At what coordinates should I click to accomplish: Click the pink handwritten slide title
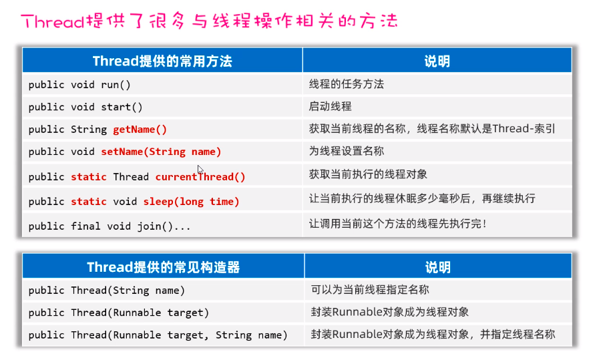tap(210, 21)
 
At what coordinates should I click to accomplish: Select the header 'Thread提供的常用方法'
tap(162, 61)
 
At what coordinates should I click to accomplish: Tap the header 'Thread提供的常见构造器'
tap(164, 267)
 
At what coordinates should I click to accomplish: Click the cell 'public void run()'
tap(79, 85)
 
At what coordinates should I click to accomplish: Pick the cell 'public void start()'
tap(85, 107)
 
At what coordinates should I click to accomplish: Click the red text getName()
tap(140, 129)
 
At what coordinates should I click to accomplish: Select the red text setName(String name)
tap(161, 152)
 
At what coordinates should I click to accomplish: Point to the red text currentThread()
tap(200, 177)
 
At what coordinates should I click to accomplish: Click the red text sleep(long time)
tap(191, 202)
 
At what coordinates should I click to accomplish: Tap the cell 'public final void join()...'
tap(110, 226)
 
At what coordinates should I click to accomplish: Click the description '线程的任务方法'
tap(347, 84)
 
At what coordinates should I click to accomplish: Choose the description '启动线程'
tap(331, 107)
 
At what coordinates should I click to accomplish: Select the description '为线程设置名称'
tap(347, 151)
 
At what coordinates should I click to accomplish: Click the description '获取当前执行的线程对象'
tap(368, 174)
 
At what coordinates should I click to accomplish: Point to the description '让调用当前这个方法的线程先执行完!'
tap(398, 224)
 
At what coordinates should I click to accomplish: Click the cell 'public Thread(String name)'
tap(107, 291)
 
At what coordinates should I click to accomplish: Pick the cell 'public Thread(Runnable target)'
tap(119, 313)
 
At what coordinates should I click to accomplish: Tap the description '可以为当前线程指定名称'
tap(370, 290)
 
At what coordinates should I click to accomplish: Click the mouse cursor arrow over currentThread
tap(200, 170)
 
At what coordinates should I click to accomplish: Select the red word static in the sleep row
tap(89, 202)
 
